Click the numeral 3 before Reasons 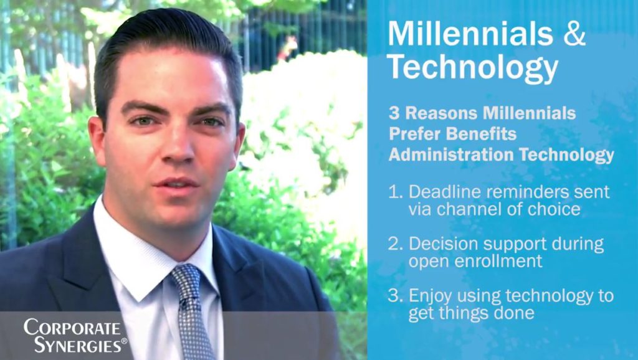(x=394, y=113)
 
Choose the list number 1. (x=394, y=192)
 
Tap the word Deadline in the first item (x=441, y=192)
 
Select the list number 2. (x=394, y=244)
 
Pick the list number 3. (x=394, y=295)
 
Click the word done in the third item (x=517, y=313)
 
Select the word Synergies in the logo (x=76, y=345)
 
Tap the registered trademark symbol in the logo (x=124, y=341)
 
